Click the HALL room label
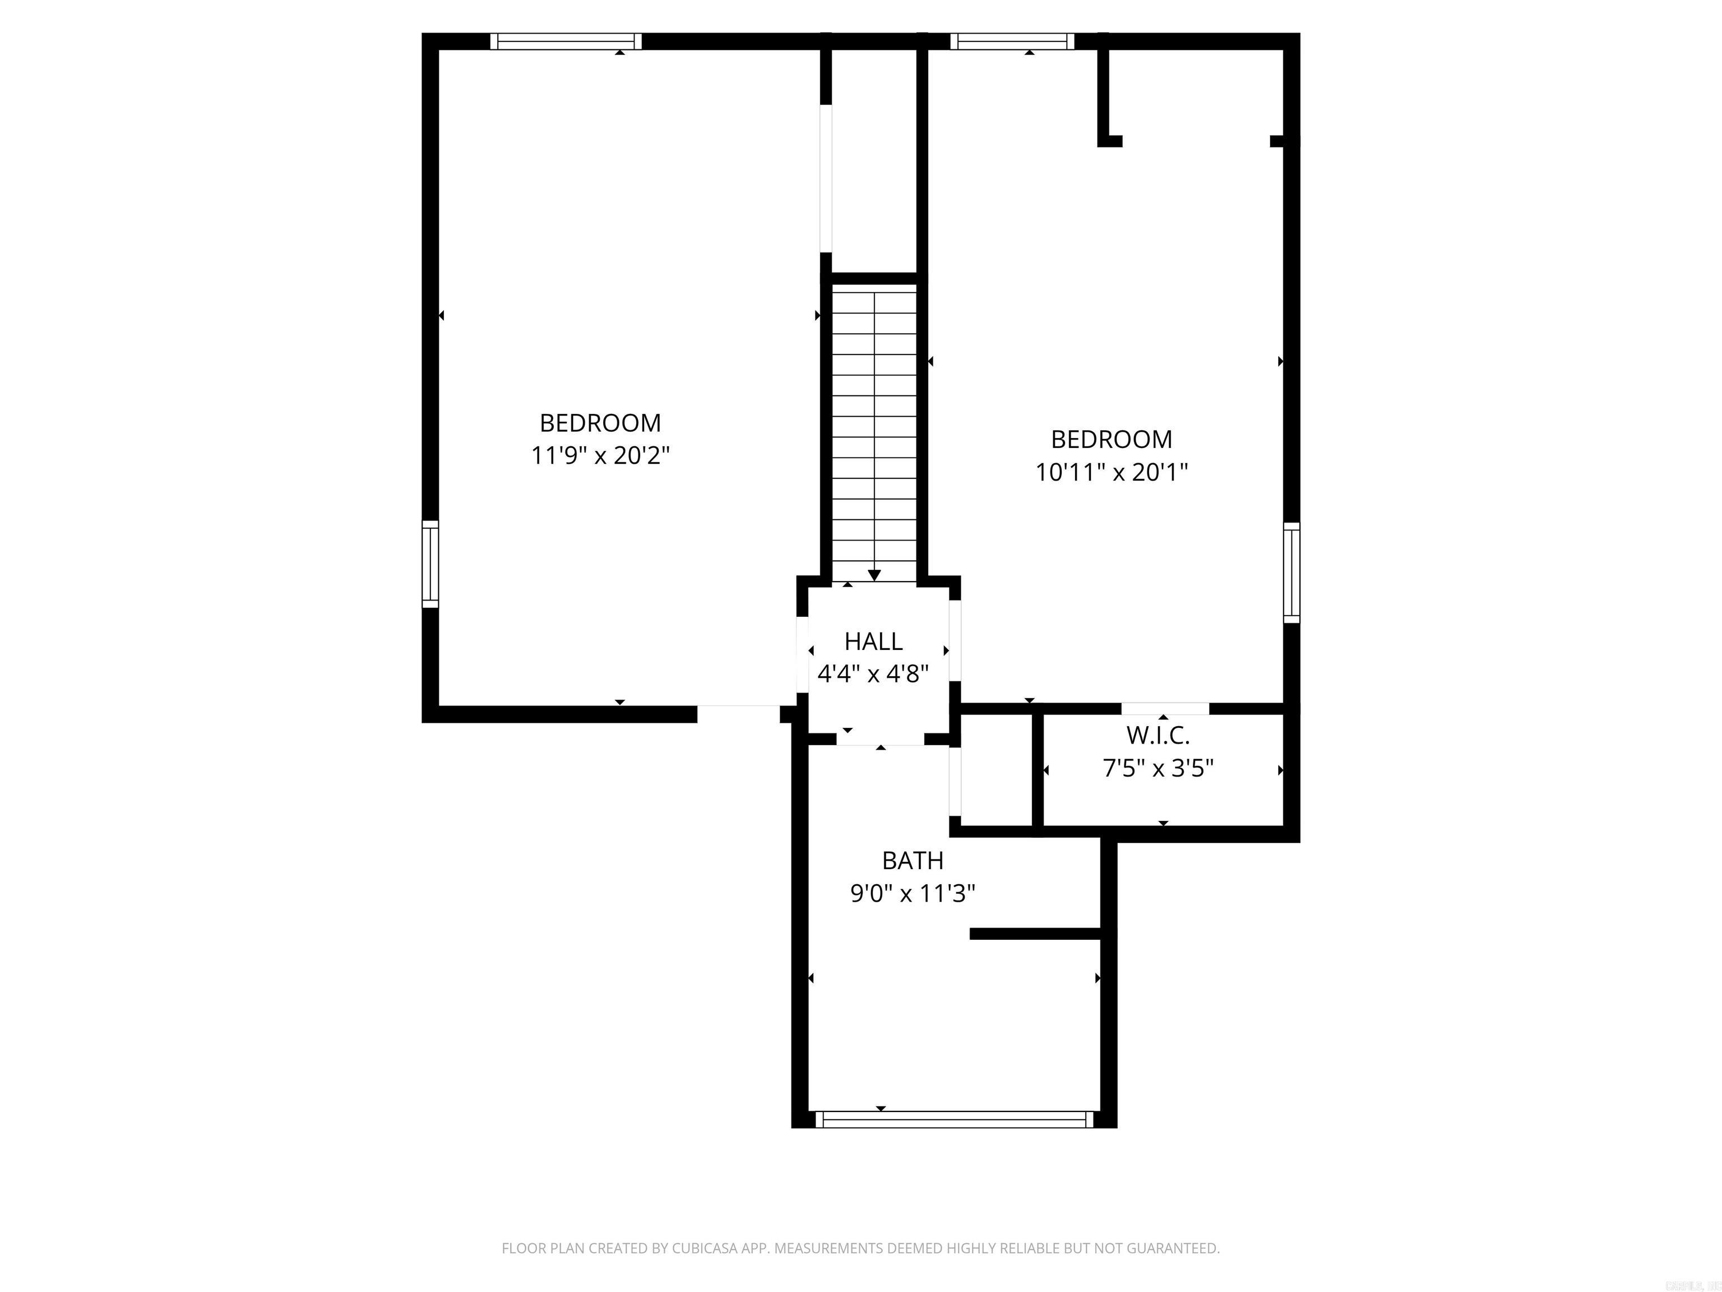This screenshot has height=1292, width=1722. [x=873, y=641]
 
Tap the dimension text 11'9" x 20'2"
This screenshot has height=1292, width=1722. [x=600, y=455]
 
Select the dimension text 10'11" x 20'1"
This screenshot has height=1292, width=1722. [x=1111, y=473]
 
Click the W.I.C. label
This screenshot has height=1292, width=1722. [x=1158, y=735]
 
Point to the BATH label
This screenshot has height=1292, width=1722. [x=913, y=861]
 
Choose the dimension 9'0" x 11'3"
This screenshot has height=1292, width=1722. [x=913, y=893]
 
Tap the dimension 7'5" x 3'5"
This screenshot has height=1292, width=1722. [x=1158, y=769]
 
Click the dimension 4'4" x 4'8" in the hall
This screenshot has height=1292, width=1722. [x=873, y=673]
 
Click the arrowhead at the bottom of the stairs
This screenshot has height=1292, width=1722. [x=874, y=575]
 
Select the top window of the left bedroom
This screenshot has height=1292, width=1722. [x=566, y=41]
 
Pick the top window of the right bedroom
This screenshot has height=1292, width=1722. [x=1011, y=41]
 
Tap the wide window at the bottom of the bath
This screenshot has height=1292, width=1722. [x=955, y=1119]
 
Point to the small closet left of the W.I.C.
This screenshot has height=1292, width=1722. [x=997, y=769]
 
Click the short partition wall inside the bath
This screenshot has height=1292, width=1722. [x=1035, y=934]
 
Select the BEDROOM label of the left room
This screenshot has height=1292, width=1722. [x=600, y=423]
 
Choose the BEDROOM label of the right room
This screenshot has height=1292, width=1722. [x=1111, y=439]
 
